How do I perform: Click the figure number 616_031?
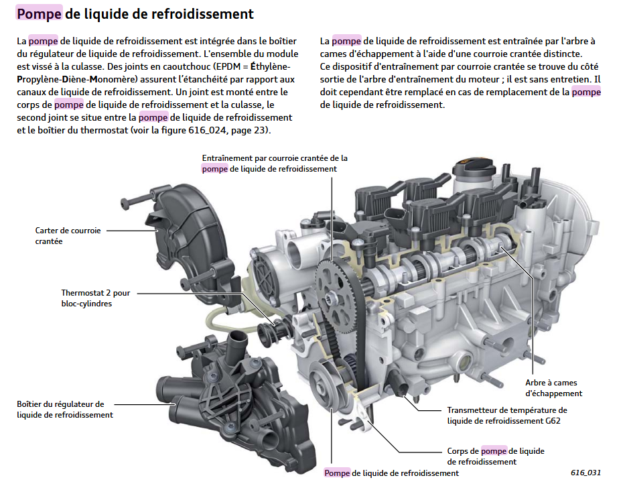tap(585, 472)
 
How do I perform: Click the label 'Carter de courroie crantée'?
tap(68, 235)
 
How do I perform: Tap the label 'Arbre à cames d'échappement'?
tap(553, 388)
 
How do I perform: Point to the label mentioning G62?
tap(506, 415)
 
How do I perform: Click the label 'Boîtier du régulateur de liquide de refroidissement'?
tap(60, 409)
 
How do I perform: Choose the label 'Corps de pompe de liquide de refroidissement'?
tap(495, 456)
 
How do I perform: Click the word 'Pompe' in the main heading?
tap(41, 13)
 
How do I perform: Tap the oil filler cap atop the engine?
tap(471, 168)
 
